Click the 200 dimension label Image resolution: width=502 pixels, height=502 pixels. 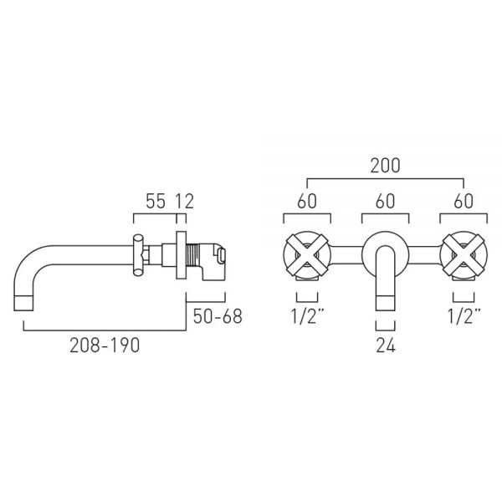click(385, 166)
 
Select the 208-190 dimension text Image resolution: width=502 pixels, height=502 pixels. click(105, 346)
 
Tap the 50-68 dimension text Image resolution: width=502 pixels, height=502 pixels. click(218, 316)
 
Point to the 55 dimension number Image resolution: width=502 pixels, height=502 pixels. click(156, 202)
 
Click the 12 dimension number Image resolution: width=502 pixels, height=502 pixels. click(185, 202)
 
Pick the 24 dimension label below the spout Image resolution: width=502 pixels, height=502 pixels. click(386, 346)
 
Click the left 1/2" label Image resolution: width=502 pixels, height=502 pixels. click(307, 316)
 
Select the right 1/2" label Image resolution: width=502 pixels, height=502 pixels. click(464, 316)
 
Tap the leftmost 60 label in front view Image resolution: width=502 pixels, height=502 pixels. click(307, 202)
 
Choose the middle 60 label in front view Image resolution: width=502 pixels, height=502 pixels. click(385, 202)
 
